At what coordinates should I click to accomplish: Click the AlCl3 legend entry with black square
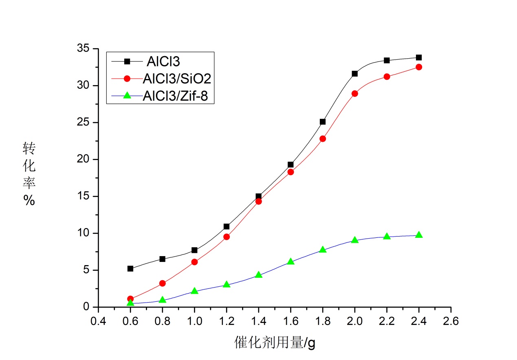coord(163,61)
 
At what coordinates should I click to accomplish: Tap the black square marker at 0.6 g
coord(130,268)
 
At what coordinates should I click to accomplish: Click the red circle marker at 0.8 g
coord(163,283)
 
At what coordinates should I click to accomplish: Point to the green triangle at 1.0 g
coord(194,291)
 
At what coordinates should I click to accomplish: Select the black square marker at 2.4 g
coord(419,57)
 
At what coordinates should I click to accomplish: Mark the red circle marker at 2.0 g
coord(355,93)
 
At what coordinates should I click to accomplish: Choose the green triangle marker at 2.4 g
coord(419,235)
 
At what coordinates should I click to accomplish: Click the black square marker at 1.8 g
coord(323,121)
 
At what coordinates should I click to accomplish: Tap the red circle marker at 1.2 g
coord(227,237)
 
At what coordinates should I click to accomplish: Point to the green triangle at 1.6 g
coord(290,261)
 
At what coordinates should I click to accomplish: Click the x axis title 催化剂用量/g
coord(275,343)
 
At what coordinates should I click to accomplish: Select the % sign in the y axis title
coord(29,200)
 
